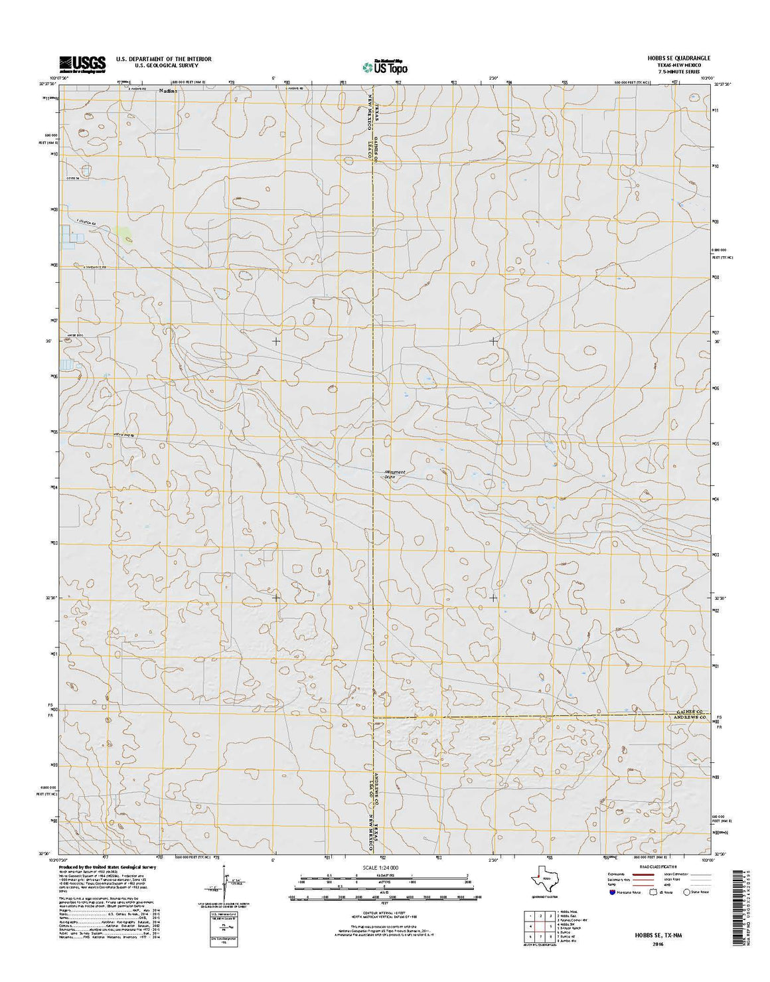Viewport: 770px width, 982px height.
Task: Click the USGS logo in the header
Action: (82, 64)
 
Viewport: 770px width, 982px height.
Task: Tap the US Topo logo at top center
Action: (385, 66)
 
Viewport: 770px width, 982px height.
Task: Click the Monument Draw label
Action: (394, 474)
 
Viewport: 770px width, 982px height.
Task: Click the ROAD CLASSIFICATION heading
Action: (656, 867)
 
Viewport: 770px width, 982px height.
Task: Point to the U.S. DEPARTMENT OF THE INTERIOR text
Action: (163, 59)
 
